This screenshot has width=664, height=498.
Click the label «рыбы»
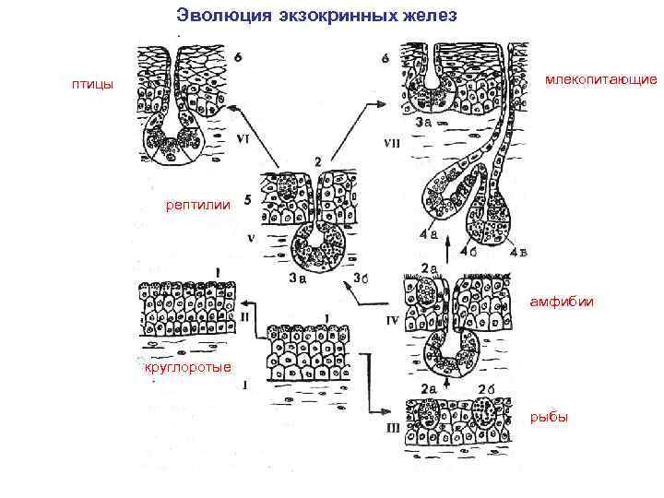click(x=550, y=418)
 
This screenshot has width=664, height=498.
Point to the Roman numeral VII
click(x=393, y=144)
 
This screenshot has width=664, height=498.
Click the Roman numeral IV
click(x=391, y=322)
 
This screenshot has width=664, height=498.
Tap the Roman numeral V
click(x=250, y=237)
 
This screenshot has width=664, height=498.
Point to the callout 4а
click(x=427, y=234)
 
